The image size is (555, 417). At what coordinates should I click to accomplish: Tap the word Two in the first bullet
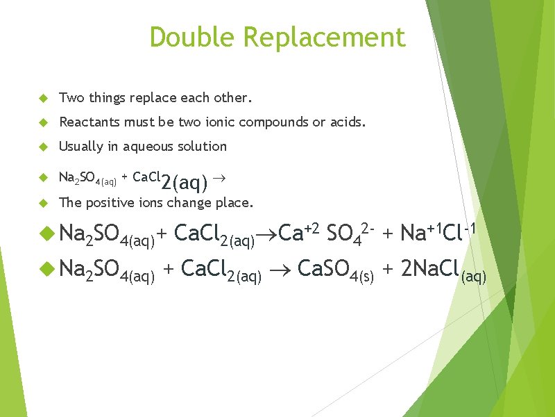(70, 97)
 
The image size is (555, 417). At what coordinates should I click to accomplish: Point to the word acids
(346, 122)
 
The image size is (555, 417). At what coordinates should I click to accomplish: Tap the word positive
(112, 203)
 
